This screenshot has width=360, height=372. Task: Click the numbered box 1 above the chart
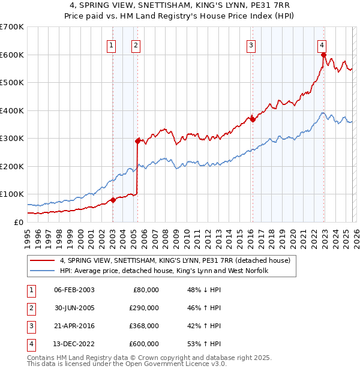(x=112, y=45)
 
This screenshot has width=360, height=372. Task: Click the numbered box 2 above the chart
(x=136, y=45)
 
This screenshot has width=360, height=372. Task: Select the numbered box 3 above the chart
(x=251, y=45)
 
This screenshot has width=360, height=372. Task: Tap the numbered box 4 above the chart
(x=322, y=45)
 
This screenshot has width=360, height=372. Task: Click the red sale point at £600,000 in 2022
(x=323, y=55)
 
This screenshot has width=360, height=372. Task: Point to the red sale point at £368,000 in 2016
(x=253, y=119)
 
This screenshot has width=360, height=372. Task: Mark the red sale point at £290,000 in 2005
(x=138, y=141)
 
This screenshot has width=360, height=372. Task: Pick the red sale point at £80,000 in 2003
(x=113, y=200)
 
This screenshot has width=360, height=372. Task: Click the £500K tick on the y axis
(x=12, y=82)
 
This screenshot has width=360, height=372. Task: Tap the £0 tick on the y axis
(x=19, y=222)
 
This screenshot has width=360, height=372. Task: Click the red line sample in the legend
(x=43, y=261)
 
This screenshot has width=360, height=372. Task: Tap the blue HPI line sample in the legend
(x=43, y=271)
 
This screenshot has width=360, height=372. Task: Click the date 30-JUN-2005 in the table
(x=74, y=308)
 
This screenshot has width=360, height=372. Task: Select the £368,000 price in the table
(x=144, y=326)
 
